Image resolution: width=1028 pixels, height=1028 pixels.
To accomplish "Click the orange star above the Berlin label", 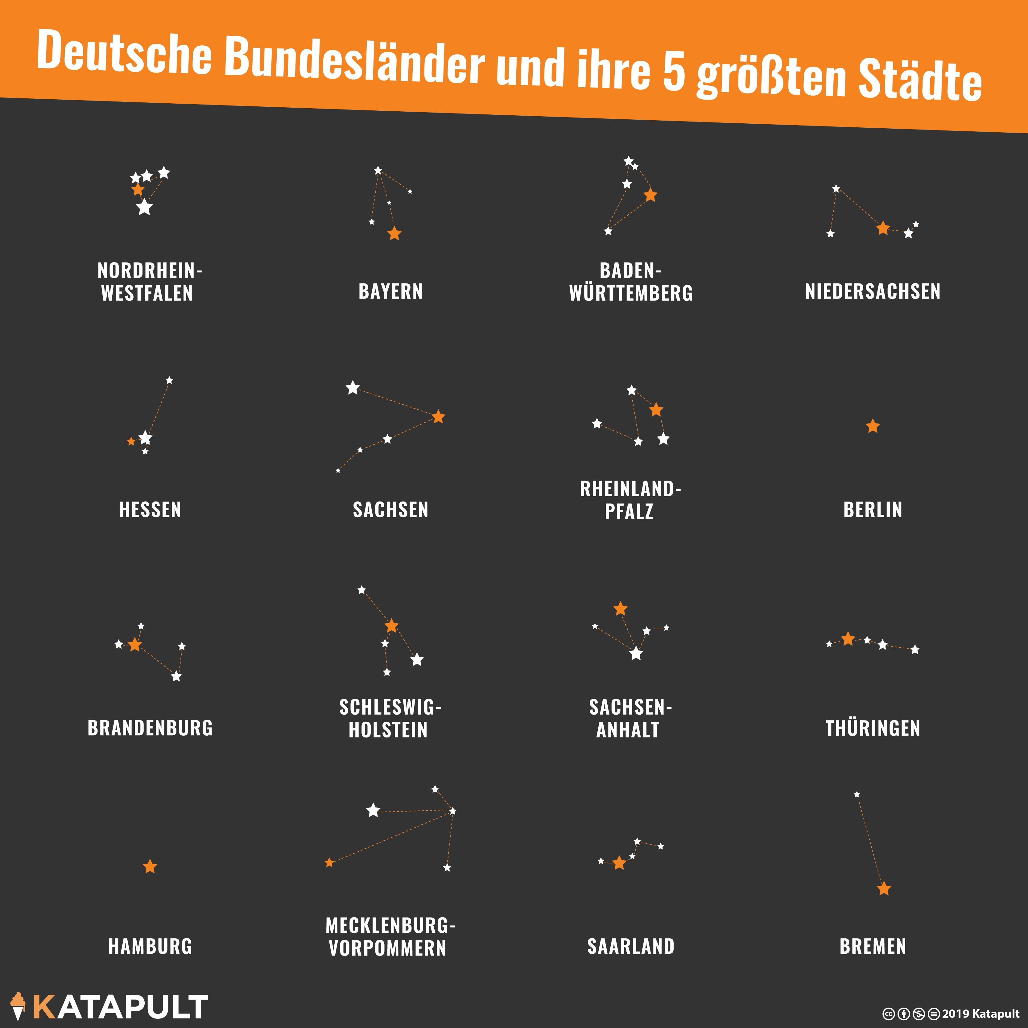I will tap(873, 426).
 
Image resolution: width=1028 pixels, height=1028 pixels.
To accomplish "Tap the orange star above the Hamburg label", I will tap(150, 867).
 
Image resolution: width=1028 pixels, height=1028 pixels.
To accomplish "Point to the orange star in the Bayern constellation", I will tap(394, 233).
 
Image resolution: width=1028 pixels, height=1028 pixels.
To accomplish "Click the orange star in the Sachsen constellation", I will tap(439, 417).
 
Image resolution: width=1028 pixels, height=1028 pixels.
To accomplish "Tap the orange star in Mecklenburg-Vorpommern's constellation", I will tap(329, 862).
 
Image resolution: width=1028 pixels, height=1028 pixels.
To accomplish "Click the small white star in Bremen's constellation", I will tap(857, 795).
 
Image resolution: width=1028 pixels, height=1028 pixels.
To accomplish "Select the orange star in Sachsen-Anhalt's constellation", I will tap(621, 609).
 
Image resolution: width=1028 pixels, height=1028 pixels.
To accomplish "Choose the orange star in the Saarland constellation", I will tap(619, 863).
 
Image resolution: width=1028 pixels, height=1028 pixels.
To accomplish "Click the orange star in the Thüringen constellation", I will tap(848, 638).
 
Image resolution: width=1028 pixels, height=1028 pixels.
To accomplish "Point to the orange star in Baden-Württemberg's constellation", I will tap(650, 195).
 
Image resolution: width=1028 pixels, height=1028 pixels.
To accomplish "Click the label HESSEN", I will tap(150, 510).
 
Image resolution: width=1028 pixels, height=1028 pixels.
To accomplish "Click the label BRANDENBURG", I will tap(150, 728).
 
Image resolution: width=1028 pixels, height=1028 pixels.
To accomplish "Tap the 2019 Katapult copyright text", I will tap(981, 1014).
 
